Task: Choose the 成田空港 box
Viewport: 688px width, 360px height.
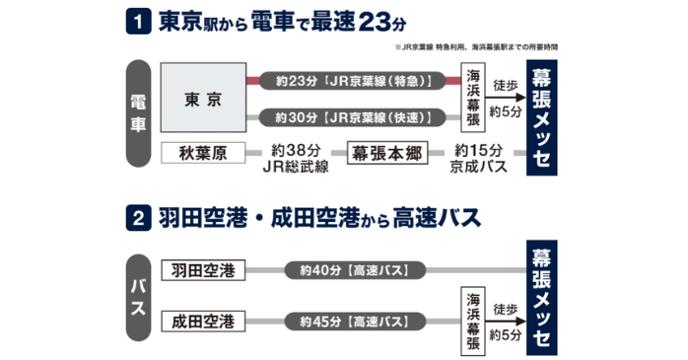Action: [x=203, y=322]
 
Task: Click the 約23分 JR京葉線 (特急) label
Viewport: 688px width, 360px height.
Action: [x=352, y=79]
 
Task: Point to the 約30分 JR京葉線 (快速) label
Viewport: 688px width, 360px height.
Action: [x=352, y=118]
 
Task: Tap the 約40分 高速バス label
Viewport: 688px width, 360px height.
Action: [x=353, y=270]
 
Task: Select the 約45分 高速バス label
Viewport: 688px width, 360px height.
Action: [x=353, y=322]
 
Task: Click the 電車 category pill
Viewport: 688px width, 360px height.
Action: [x=139, y=118]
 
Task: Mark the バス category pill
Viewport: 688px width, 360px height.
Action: [x=139, y=296]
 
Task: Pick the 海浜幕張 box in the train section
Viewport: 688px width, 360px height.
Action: [x=473, y=99]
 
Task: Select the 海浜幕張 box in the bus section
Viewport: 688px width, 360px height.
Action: [x=473, y=322]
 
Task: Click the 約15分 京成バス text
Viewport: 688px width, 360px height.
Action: [x=480, y=160]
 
